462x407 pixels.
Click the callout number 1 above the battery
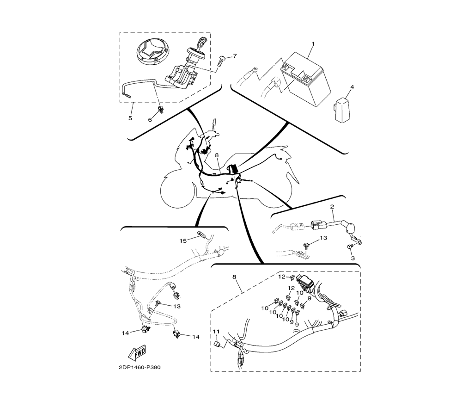[x=313, y=44]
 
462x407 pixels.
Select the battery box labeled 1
[x=306, y=78]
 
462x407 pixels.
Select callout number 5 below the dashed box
[x=130, y=118]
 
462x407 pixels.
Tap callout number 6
[x=150, y=120]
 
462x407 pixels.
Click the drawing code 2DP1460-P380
[x=140, y=368]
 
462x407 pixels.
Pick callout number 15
[x=183, y=241]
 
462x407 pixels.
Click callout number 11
[x=217, y=332]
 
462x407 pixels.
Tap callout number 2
[x=332, y=207]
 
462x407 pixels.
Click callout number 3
[x=353, y=259]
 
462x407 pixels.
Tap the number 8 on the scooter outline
[x=217, y=155]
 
